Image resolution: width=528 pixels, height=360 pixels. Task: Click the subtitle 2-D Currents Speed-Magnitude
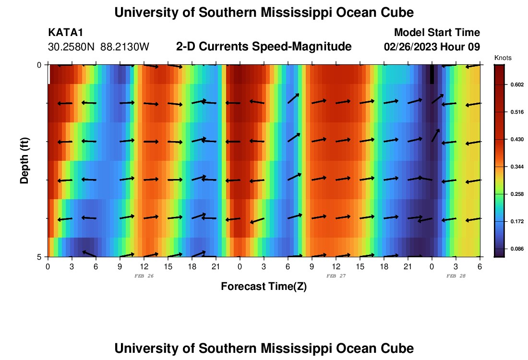[x=264, y=47]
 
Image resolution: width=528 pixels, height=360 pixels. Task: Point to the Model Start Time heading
[x=436, y=33]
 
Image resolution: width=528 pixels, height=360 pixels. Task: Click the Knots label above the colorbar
[x=503, y=58]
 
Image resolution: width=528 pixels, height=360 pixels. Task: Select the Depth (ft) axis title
[x=24, y=161]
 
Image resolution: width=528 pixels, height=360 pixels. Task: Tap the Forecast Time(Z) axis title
[x=264, y=287]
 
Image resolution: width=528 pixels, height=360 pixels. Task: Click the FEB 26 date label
[x=144, y=276]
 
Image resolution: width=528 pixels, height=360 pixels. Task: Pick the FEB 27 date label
[x=336, y=276]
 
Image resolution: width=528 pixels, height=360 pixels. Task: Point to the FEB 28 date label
[x=456, y=276]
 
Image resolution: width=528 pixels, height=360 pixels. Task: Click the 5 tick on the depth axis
[x=39, y=257]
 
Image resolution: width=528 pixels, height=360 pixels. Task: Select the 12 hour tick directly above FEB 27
[x=336, y=266]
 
